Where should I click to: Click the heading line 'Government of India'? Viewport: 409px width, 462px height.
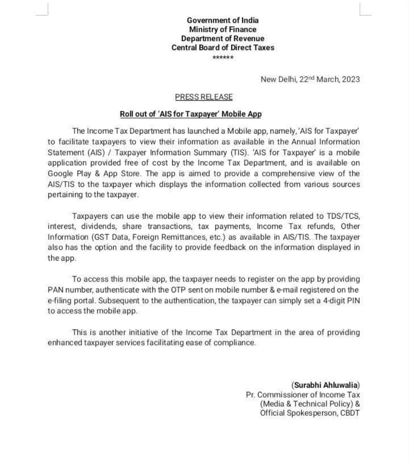click(x=223, y=20)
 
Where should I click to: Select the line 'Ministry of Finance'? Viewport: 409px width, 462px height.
click(x=223, y=29)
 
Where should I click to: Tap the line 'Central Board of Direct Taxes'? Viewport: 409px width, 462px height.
click(x=223, y=48)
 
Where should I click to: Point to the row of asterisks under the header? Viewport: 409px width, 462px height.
click(x=223, y=58)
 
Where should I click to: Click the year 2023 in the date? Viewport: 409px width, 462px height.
click(x=351, y=79)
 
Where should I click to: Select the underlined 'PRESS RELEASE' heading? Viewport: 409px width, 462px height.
click(x=204, y=97)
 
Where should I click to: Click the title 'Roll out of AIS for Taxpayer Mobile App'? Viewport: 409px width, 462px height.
click(x=190, y=114)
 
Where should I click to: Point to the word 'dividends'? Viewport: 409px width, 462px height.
click(x=98, y=226)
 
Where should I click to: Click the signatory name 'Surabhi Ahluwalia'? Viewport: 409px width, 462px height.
click(x=326, y=385)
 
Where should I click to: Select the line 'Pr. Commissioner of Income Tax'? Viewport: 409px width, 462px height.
click(x=303, y=395)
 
